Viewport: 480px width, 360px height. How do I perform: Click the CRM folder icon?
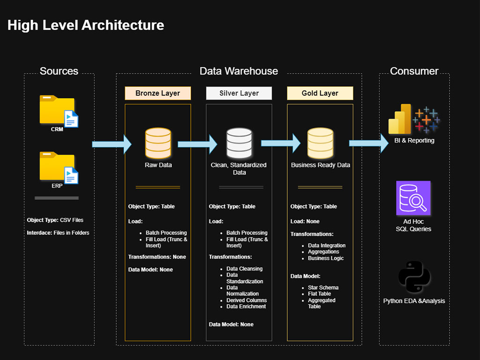point(59,111)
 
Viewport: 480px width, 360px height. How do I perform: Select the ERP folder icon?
point(59,167)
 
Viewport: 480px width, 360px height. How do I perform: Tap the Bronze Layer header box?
point(157,93)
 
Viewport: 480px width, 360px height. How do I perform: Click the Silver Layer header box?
point(239,93)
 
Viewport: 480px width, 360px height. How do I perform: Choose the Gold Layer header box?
point(320,93)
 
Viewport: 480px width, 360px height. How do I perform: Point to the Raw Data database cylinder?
point(158,143)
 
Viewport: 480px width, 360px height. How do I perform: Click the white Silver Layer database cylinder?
point(239,143)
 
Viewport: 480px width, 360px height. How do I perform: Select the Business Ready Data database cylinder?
point(320,143)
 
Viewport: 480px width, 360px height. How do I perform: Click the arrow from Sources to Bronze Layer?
point(112,144)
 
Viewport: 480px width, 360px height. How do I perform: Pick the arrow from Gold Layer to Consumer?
point(369,143)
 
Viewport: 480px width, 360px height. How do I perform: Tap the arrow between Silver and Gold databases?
point(281,143)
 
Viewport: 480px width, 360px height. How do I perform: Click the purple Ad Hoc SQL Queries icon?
point(413,198)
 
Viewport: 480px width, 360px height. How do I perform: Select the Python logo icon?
point(414,277)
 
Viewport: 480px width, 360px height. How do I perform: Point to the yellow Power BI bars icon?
point(400,119)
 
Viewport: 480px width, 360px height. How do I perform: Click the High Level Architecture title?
point(86,25)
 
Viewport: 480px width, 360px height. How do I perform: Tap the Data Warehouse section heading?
point(239,71)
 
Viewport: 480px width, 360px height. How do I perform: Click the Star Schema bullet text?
point(323,287)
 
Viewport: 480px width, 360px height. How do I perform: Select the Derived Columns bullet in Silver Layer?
point(247,300)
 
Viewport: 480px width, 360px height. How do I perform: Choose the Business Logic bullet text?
point(326,258)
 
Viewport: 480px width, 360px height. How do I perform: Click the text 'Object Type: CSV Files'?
point(55,220)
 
